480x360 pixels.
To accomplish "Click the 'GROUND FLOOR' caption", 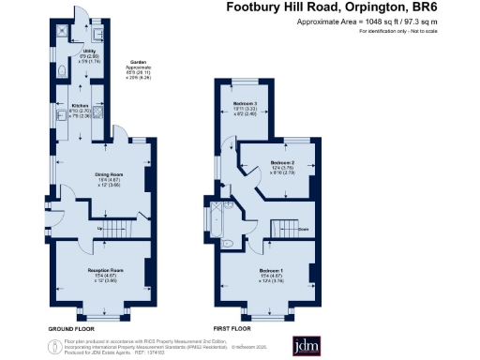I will (x=71, y=330).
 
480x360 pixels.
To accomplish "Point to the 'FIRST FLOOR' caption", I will (x=232, y=330).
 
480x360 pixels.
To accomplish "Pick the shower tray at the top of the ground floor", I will (x=62, y=28).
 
